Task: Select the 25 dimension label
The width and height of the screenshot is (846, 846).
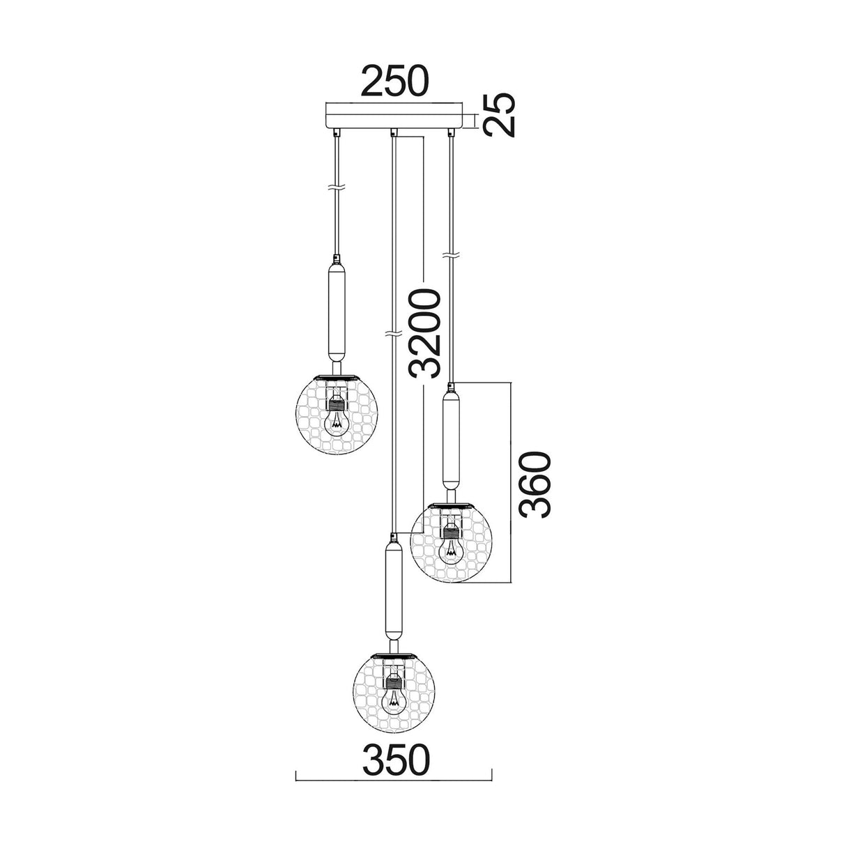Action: [x=499, y=115]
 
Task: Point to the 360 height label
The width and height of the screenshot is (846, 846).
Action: [x=534, y=485]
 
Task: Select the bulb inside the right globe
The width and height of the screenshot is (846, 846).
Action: [x=451, y=548]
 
